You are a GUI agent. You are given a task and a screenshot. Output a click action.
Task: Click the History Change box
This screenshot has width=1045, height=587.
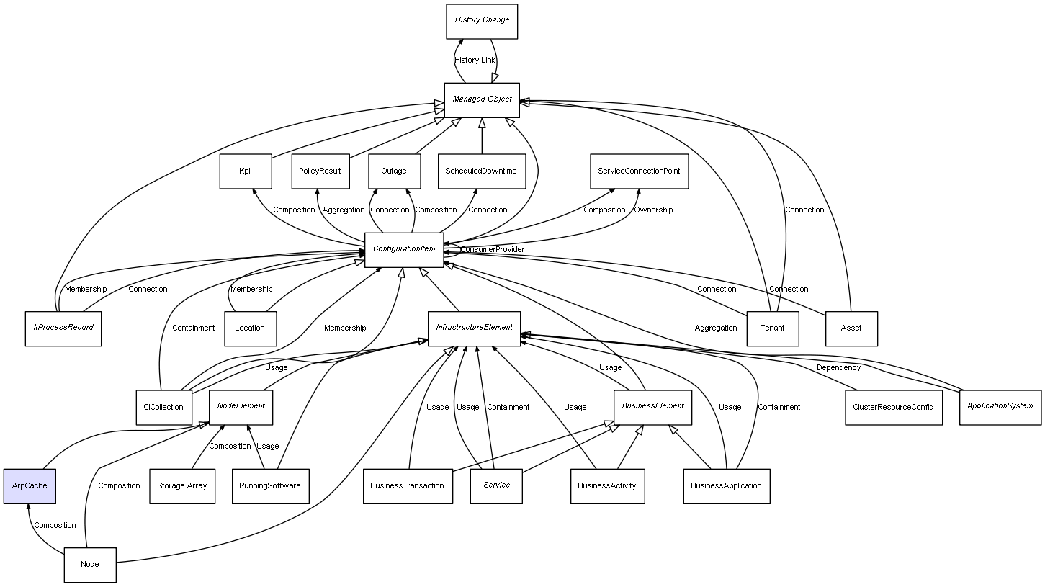482,21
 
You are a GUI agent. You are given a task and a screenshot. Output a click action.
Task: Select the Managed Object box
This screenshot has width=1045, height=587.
482,99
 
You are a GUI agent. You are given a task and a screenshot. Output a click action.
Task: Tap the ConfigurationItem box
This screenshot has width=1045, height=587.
404,249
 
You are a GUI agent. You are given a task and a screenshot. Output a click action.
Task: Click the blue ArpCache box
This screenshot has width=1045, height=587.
30,486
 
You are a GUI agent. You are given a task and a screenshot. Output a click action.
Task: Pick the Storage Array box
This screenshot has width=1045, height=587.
181,486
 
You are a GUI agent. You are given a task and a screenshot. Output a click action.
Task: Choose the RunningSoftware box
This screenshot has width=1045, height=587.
270,486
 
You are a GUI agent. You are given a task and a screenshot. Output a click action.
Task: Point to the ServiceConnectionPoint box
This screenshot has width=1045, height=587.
639,171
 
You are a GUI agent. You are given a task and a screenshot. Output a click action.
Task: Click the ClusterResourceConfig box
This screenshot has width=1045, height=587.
893,407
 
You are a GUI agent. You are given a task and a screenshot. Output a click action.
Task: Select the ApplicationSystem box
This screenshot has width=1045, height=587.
1000,406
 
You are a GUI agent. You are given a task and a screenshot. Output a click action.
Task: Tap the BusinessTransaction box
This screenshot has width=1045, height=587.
407,486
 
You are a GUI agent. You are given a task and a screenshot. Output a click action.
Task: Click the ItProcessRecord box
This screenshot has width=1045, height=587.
63,328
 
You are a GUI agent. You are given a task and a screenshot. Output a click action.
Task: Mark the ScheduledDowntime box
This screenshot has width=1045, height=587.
481,171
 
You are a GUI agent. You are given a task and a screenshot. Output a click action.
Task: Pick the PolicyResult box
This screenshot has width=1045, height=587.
320,171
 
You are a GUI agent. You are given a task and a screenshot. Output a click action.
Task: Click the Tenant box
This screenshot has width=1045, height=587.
772,328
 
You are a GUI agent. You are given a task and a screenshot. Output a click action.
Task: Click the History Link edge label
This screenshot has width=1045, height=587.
475,60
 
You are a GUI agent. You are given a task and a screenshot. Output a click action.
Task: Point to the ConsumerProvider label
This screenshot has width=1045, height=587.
493,249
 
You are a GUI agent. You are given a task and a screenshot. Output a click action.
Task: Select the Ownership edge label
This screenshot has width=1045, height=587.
653,210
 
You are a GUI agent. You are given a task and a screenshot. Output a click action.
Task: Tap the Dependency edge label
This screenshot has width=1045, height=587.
838,367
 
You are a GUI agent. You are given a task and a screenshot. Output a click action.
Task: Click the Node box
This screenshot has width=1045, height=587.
90,565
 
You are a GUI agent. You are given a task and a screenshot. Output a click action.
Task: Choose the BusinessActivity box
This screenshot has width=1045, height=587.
606,486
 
